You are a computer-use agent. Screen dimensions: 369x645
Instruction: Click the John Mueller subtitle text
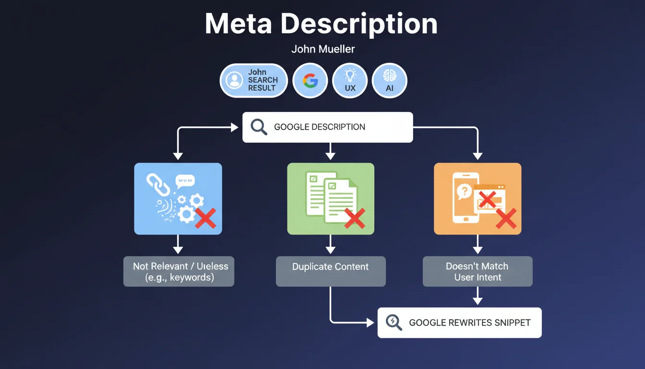323,49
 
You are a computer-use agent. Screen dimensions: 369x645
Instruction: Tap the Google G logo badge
310,81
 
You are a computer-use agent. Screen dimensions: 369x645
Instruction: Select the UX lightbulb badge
350,81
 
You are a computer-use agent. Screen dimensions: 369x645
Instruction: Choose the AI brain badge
389,81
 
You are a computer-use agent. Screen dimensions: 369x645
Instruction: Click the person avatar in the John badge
234,80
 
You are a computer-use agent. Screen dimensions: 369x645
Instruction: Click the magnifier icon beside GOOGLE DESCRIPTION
259,127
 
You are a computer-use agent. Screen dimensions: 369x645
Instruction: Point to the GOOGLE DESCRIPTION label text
320,127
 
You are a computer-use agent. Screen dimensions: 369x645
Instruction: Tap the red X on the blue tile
205,218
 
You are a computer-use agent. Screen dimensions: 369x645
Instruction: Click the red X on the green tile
355,218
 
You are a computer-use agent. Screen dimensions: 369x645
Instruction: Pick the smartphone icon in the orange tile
465,197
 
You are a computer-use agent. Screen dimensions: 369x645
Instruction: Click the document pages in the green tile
331,197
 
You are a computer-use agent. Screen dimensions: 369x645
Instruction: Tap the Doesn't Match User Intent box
478,271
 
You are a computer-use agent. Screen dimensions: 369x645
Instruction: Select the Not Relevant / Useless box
179,271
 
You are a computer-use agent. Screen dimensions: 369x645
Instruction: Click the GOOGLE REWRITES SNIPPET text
470,323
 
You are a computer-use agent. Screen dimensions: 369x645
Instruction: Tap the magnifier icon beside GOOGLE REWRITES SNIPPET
394,322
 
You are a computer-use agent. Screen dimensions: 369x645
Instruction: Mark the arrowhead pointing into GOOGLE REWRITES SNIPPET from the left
370,322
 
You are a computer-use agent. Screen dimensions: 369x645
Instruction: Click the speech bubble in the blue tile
185,181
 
